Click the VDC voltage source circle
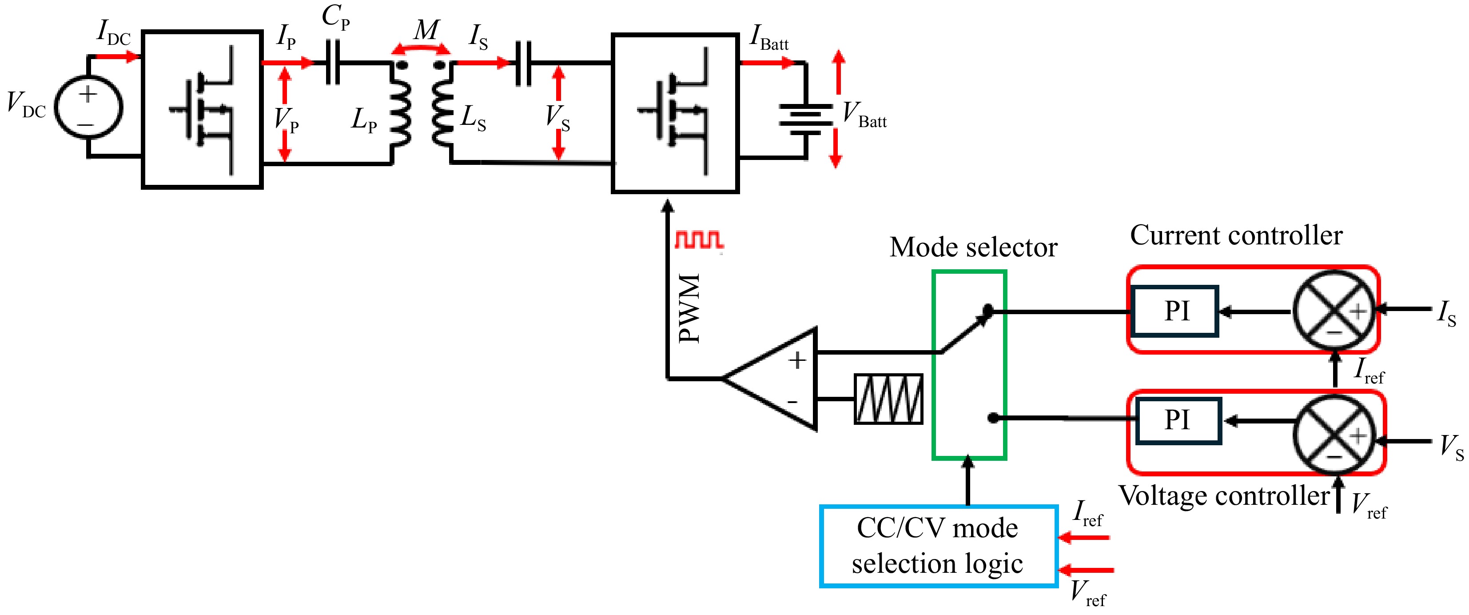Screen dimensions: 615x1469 pos(88,107)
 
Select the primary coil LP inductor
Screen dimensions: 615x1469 pos(400,112)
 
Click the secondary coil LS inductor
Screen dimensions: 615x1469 pos(442,112)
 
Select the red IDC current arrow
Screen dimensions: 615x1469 pos(117,56)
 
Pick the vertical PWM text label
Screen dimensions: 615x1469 pos(689,308)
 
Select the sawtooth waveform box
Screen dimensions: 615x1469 pos(888,399)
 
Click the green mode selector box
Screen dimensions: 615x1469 pos(969,365)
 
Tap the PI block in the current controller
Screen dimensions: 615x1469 pos(1175,311)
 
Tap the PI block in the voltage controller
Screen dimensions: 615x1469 pos(1178,420)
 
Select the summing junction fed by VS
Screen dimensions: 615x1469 pos(1335,435)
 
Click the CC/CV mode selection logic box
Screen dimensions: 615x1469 pos(938,546)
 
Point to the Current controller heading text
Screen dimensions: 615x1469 pos(1236,235)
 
